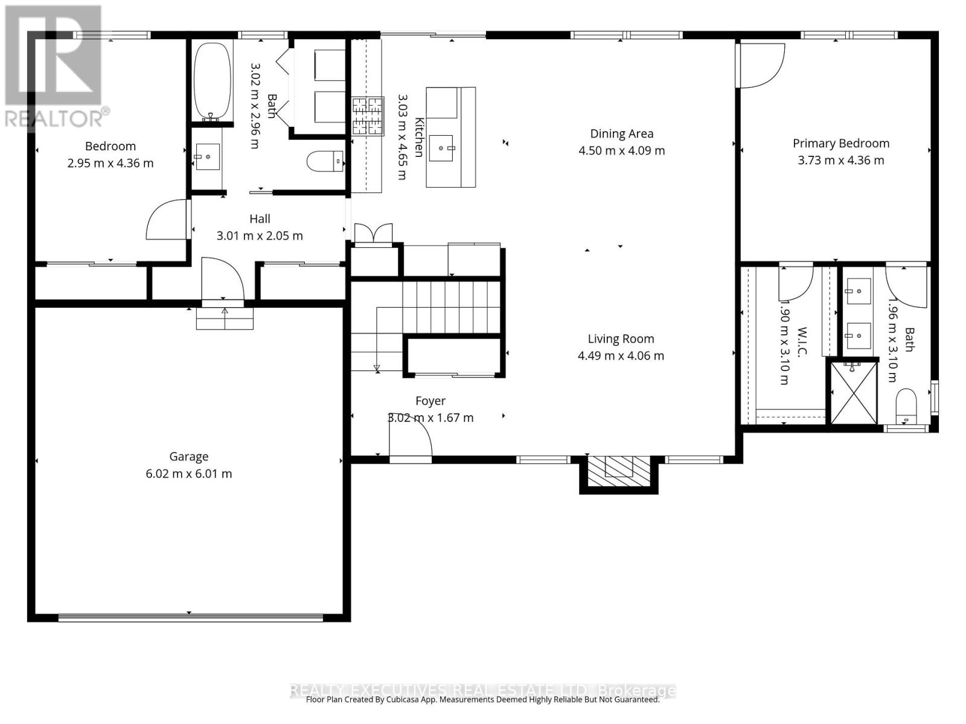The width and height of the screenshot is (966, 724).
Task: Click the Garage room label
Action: [188, 457]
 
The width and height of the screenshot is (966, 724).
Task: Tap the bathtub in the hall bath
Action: [212, 80]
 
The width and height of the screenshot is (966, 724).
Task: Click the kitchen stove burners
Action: [368, 115]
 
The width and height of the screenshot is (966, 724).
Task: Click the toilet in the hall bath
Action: [324, 161]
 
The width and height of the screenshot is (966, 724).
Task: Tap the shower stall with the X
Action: [854, 392]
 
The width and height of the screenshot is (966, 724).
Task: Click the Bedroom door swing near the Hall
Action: [167, 220]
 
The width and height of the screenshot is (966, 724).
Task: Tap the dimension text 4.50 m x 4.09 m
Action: [621, 151]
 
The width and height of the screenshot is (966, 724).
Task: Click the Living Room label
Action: [621, 339]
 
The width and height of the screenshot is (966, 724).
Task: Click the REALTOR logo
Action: [54, 66]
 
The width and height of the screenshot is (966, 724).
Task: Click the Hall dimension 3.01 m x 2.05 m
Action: [260, 236]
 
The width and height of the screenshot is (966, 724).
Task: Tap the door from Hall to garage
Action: [222, 281]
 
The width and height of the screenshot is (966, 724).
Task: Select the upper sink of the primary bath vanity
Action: [858, 291]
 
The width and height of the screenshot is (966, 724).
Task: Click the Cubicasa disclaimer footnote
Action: [482, 700]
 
